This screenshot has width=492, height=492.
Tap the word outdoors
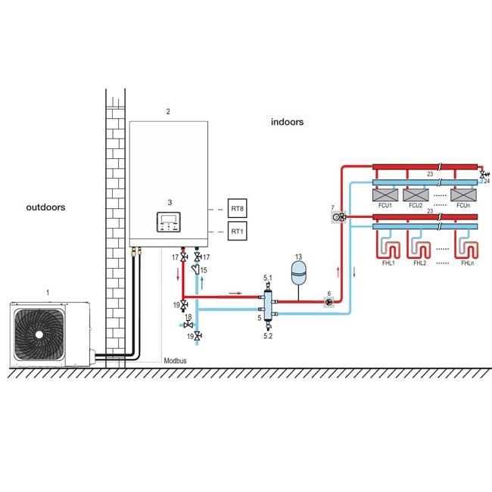tap(45, 207)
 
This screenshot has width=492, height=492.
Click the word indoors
tap(287, 122)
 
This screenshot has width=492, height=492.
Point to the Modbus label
tap(175, 361)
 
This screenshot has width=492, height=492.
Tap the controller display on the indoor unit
tap(170, 222)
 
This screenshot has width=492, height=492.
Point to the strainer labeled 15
tap(198, 269)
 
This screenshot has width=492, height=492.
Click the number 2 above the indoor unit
tap(168, 111)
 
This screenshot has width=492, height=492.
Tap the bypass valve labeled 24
tap(483, 175)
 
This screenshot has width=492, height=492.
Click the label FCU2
tap(416, 206)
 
